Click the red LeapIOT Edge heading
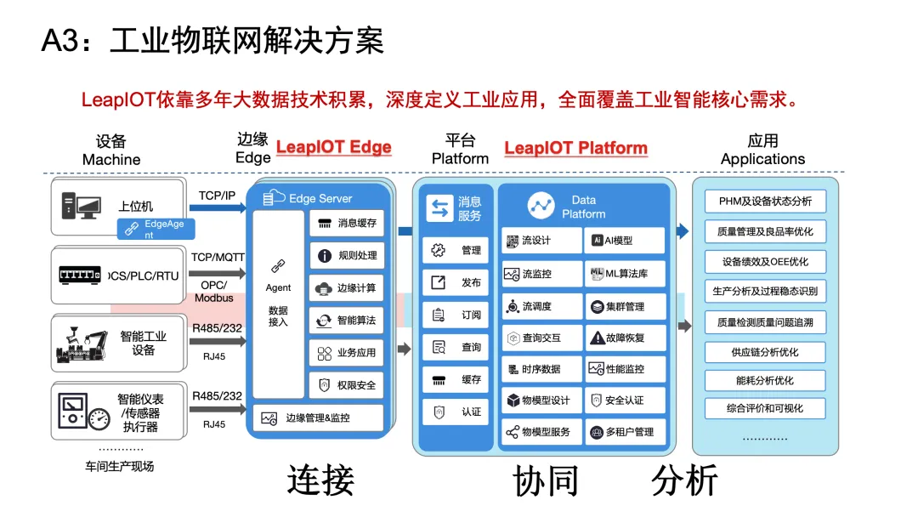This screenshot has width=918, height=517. (334, 147)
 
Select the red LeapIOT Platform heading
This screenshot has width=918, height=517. (576, 148)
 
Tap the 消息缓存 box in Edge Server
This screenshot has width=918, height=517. (347, 223)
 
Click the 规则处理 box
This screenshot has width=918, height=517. (347, 255)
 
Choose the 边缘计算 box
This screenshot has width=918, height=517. (347, 288)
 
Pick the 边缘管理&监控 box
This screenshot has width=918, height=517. (319, 418)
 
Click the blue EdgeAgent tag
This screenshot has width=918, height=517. (156, 229)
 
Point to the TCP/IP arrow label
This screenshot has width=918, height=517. (217, 196)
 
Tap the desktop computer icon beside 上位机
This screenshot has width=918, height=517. (81, 206)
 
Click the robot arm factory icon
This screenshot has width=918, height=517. (82, 344)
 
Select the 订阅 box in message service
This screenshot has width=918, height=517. (456, 315)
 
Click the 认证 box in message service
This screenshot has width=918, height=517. (456, 412)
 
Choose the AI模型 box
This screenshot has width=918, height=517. (625, 241)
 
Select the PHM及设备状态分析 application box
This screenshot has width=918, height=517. (765, 202)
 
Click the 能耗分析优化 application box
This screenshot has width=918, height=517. (765, 381)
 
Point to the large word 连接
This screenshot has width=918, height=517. (320, 480)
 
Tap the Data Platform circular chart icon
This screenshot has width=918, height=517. (541, 206)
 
